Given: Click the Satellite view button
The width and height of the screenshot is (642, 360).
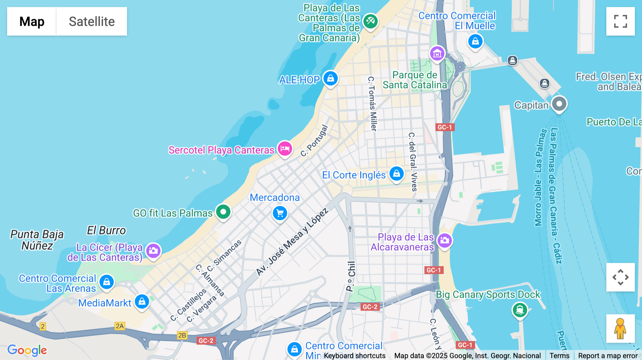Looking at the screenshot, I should point(92,21).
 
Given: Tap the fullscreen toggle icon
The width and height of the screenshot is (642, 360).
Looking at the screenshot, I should point(620,21).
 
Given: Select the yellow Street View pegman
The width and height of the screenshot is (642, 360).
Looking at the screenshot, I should point(620,329).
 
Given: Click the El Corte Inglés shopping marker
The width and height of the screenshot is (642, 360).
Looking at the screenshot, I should point(396,174).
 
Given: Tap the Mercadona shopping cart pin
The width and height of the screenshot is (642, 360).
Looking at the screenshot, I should point(280,213).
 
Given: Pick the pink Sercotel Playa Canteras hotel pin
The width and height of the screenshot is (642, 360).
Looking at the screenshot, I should point(285,148).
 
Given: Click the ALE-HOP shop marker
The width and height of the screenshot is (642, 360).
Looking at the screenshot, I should point(330,78).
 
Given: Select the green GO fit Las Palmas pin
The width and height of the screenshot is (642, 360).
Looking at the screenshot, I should point(223,212).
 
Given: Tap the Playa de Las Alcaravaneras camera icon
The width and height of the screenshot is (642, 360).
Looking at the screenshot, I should point(444,241).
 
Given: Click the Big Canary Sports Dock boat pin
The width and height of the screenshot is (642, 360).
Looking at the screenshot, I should point(520,310).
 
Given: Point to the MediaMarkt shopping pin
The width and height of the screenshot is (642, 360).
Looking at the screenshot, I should point(142,302).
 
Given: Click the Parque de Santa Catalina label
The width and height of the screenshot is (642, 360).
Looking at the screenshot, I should point(414,80).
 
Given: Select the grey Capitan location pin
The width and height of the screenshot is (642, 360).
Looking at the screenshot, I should point(559,104).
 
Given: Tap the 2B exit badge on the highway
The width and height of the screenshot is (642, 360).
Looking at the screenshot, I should point(182,335).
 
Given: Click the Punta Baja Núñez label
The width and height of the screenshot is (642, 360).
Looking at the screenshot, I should point(37,240).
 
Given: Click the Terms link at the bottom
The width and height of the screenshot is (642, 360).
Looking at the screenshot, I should point(559,355).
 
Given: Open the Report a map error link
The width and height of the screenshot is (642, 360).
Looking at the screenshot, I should point(608,355).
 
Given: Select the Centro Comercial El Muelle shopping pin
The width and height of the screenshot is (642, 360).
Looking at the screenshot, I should point(475,41).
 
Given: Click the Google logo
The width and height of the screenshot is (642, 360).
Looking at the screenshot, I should point(27,350).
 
